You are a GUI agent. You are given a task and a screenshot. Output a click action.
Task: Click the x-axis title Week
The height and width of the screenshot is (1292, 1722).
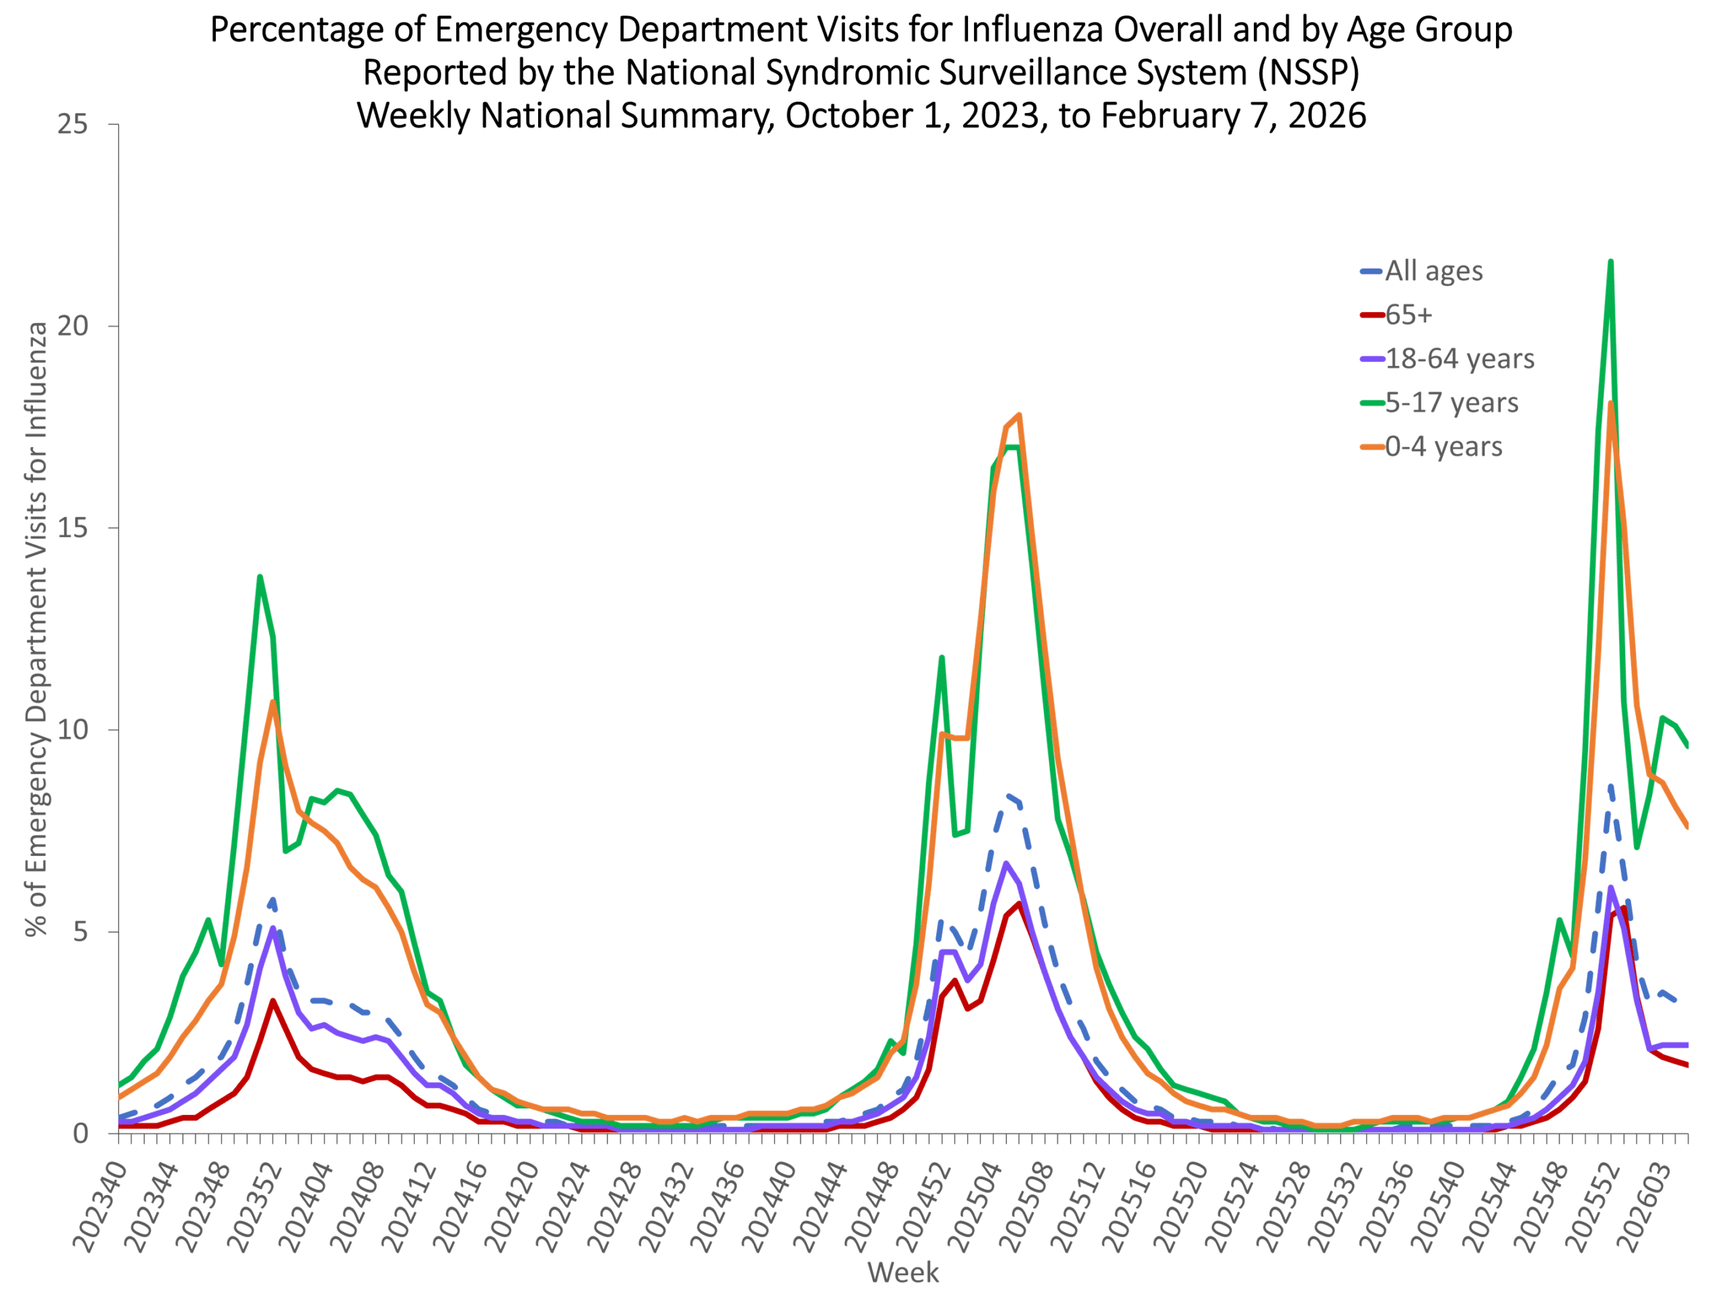[x=903, y=1272]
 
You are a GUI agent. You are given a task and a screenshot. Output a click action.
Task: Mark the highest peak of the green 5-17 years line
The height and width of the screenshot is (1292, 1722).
[x=1611, y=262]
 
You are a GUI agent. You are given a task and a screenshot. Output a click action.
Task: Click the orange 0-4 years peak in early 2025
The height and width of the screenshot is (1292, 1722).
[x=1019, y=415]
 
